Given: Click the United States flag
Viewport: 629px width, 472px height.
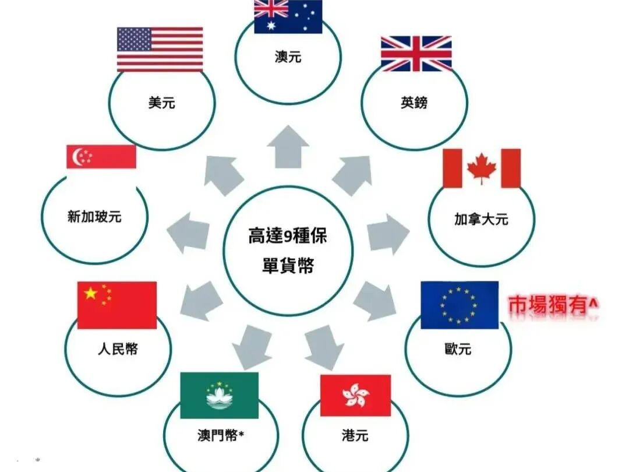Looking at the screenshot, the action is click(160, 50).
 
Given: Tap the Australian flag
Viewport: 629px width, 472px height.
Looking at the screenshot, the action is click(288, 16).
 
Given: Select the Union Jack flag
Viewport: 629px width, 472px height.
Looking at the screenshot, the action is click(416, 54).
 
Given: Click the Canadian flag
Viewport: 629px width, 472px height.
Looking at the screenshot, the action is click(482, 168).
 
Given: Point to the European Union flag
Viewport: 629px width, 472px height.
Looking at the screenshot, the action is click(460, 305).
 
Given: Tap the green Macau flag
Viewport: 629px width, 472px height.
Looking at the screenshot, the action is click(219, 396).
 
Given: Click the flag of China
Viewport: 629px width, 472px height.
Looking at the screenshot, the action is click(117, 305).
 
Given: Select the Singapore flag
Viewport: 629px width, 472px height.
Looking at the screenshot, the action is click(101, 157).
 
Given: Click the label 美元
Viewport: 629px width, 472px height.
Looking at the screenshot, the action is click(162, 104).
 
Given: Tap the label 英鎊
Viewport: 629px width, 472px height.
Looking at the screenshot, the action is click(414, 103).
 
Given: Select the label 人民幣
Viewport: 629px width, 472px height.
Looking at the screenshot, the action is click(118, 350).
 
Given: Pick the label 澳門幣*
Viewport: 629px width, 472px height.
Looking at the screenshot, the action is click(220, 435).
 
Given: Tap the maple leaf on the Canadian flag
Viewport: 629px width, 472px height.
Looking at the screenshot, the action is click(482, 168).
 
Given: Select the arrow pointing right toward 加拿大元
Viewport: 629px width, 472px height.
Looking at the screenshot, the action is click(387, 234).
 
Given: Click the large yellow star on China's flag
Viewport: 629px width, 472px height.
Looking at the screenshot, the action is click(91, 294).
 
